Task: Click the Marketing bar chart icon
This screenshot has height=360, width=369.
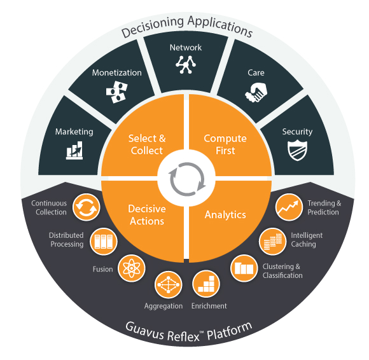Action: coord(74,150)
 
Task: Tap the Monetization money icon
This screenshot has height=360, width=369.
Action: coord(116,92)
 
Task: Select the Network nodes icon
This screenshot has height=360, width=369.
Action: coord(186,65)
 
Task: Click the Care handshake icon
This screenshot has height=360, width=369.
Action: coord(256,92)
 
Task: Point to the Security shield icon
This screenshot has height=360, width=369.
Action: coord(297,150)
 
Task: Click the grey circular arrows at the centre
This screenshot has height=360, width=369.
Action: coord(187,179)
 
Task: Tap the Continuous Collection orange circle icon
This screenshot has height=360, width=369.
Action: coord(86,207)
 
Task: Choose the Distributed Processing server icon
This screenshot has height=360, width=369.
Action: coord(104,242)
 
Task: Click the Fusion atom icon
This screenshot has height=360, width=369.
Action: coord(131,268)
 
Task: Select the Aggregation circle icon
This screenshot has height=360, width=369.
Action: coord(168,285)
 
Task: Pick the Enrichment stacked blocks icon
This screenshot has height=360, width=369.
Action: coord(206,284)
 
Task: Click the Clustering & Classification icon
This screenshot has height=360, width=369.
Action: coord(244,268)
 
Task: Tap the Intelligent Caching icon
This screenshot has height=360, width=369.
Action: coord(273,242)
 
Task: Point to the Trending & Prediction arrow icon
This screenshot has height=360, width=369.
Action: coord(289,207)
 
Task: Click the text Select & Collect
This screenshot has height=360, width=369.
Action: coord(147,144)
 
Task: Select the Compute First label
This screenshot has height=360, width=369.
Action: coord(225,144)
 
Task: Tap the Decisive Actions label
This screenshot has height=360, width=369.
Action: coord(147,215)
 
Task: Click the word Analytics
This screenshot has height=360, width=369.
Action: coord(225,215)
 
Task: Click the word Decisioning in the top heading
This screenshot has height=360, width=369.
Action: coord(153,27)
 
